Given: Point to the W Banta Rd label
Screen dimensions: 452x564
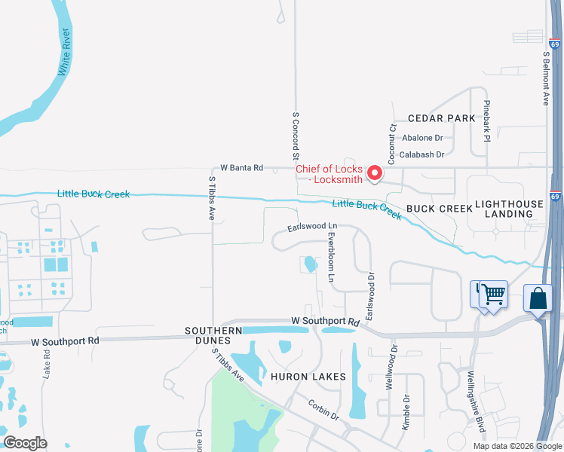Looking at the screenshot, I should click(x=241, y=168).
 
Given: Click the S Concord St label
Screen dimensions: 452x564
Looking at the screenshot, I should click(x=296, y=135).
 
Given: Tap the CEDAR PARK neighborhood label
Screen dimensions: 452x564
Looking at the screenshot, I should click(x=441, y=118).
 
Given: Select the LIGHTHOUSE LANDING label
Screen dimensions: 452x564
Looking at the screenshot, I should click(x=509, y=209).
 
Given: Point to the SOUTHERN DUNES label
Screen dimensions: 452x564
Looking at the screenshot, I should click(x=214, y=335).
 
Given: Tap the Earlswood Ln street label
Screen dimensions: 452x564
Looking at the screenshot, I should click(x=311, y=227).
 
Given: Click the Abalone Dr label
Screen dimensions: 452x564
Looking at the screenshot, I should click(x=422, y=138).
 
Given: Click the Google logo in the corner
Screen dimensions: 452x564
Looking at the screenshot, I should click(x=25, y=443).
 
